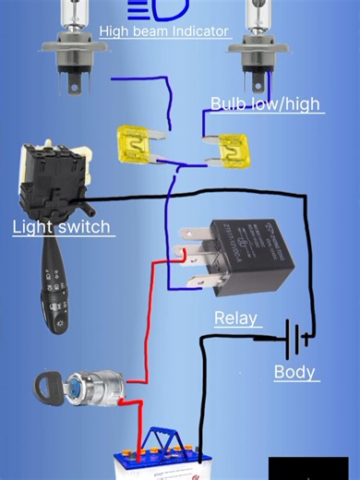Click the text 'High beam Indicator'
pos(163,32)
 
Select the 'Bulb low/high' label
pos(265,103)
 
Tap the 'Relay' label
pos(235,319)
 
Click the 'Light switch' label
pos(61,226)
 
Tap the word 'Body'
pos(294,373)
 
